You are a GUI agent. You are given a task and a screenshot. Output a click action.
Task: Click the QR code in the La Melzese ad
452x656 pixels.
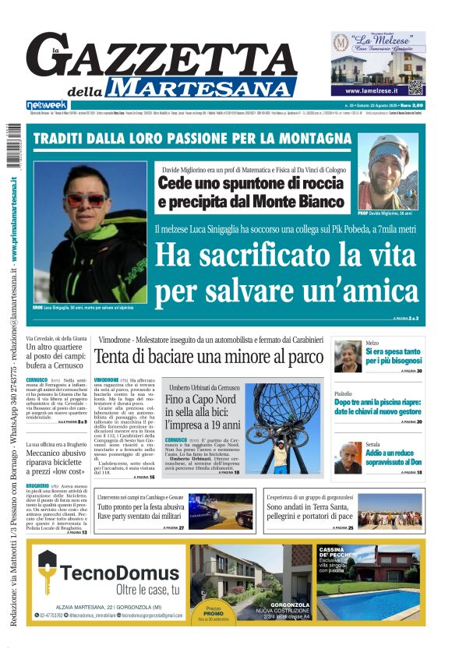point(415,87)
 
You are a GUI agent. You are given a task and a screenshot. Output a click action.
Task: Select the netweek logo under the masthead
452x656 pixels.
point(47,105)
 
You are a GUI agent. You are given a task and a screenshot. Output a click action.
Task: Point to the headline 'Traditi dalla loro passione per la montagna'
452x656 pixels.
point(192,139)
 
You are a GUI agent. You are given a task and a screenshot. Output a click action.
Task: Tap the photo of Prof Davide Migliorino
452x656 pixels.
point(388,174)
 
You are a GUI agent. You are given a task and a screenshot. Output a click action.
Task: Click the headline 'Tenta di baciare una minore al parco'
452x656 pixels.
point(208,357)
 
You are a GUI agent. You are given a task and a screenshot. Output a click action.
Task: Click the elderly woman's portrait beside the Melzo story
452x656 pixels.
point(348,357)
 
